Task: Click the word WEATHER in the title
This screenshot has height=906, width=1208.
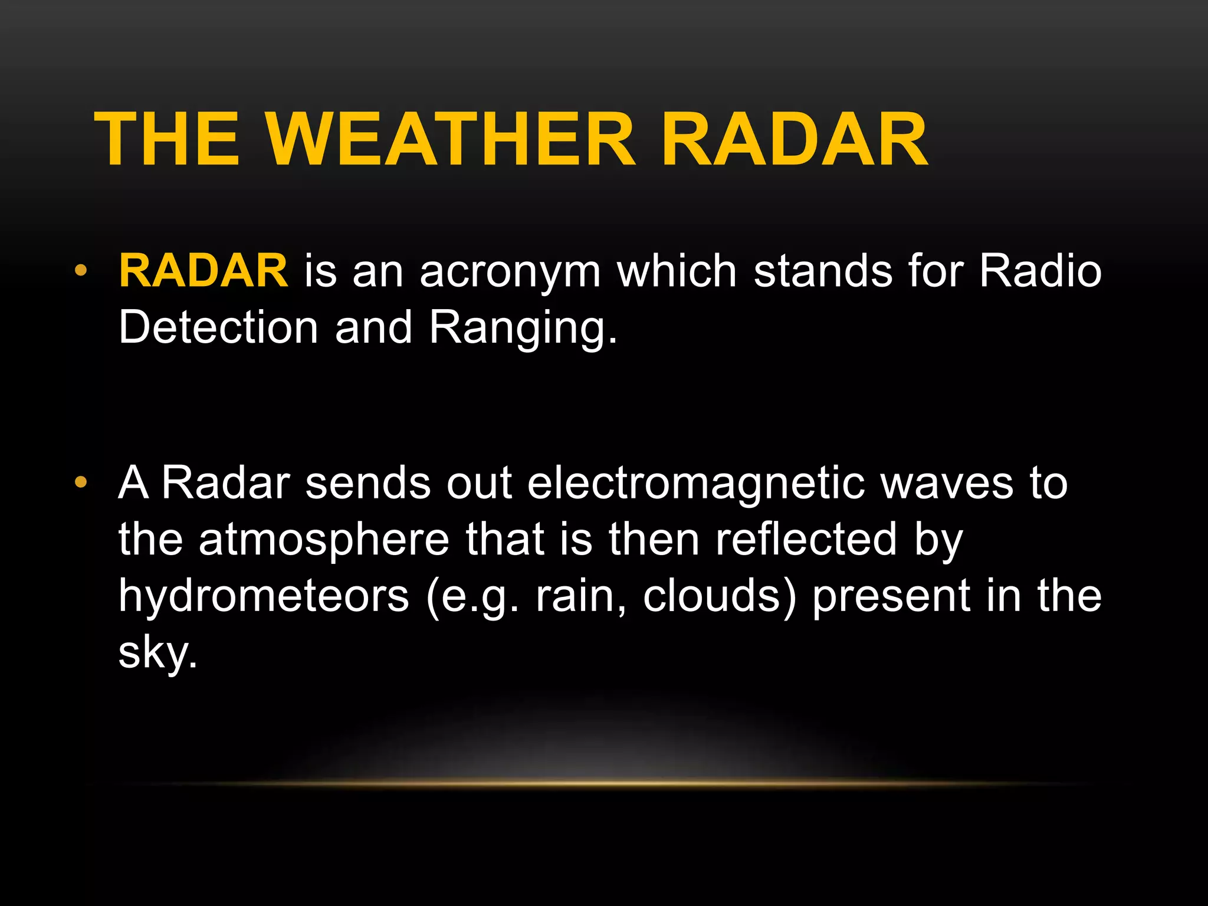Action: tap(451, 140)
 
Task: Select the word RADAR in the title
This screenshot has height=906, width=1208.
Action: tap(794, 140)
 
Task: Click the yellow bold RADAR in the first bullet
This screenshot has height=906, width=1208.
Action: tap(203, 271)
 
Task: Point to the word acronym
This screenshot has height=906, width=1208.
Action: tap(510, 273)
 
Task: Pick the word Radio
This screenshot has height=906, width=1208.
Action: tap(1040, 271)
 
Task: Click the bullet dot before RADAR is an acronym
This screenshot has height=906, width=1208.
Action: tap(81, 271)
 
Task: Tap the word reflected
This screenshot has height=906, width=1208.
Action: tap(806, 539)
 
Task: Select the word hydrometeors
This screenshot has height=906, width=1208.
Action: tap(264, 596)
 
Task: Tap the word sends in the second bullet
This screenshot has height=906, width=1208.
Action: tap(368, 483)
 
